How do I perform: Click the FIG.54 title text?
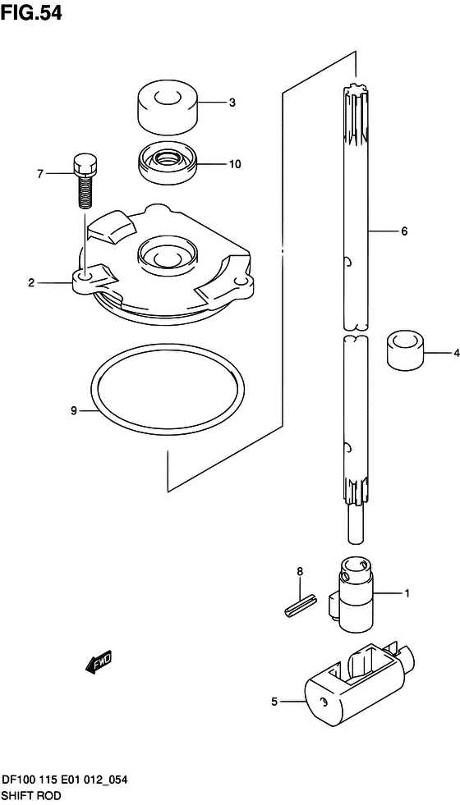pyautogui.click(x=32, y=13)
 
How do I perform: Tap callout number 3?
pyautogui.click(x=232, y=103)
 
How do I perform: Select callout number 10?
pyautogui.click(x=234, y=164)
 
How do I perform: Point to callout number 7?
pyautogui.click(x=40, y=174)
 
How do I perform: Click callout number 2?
pyautogui.click(x=31, y=281)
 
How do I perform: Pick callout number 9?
pyautogui.click(x=73, y=410)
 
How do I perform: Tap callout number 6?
pyautogui.click(x=404, y=231)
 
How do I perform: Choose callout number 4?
pyautogui.click(x=455, y=353)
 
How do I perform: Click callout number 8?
pyautogui.click(x=300, y=570)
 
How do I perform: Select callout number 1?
pyautogui.click(x=407, y=594)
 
